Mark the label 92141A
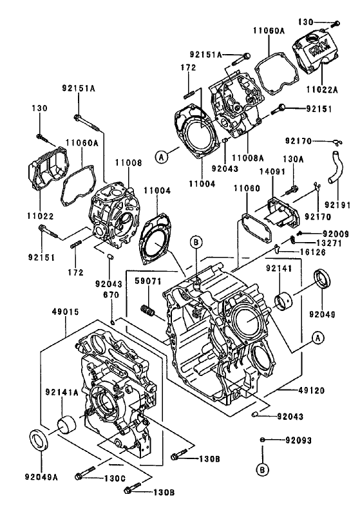pos(61,391)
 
